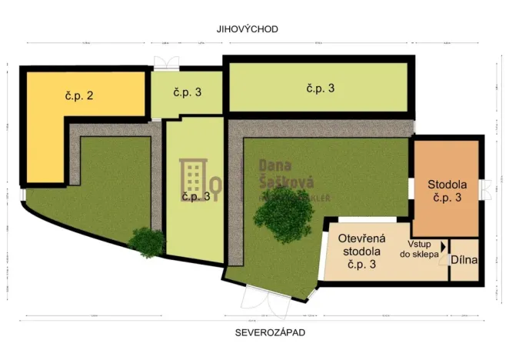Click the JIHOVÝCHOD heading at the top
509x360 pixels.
tap(247, 28)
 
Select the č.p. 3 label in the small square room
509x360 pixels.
tap(187, 93)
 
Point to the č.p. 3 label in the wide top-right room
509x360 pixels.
tap(320, 88)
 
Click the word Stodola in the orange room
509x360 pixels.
tap(447, 185)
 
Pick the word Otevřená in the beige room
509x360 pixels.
tap(361, 238)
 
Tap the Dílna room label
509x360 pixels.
tap(464, 260)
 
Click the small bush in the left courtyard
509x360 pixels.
tap(146, 242)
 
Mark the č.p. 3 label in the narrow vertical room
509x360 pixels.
tap(195, 197)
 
